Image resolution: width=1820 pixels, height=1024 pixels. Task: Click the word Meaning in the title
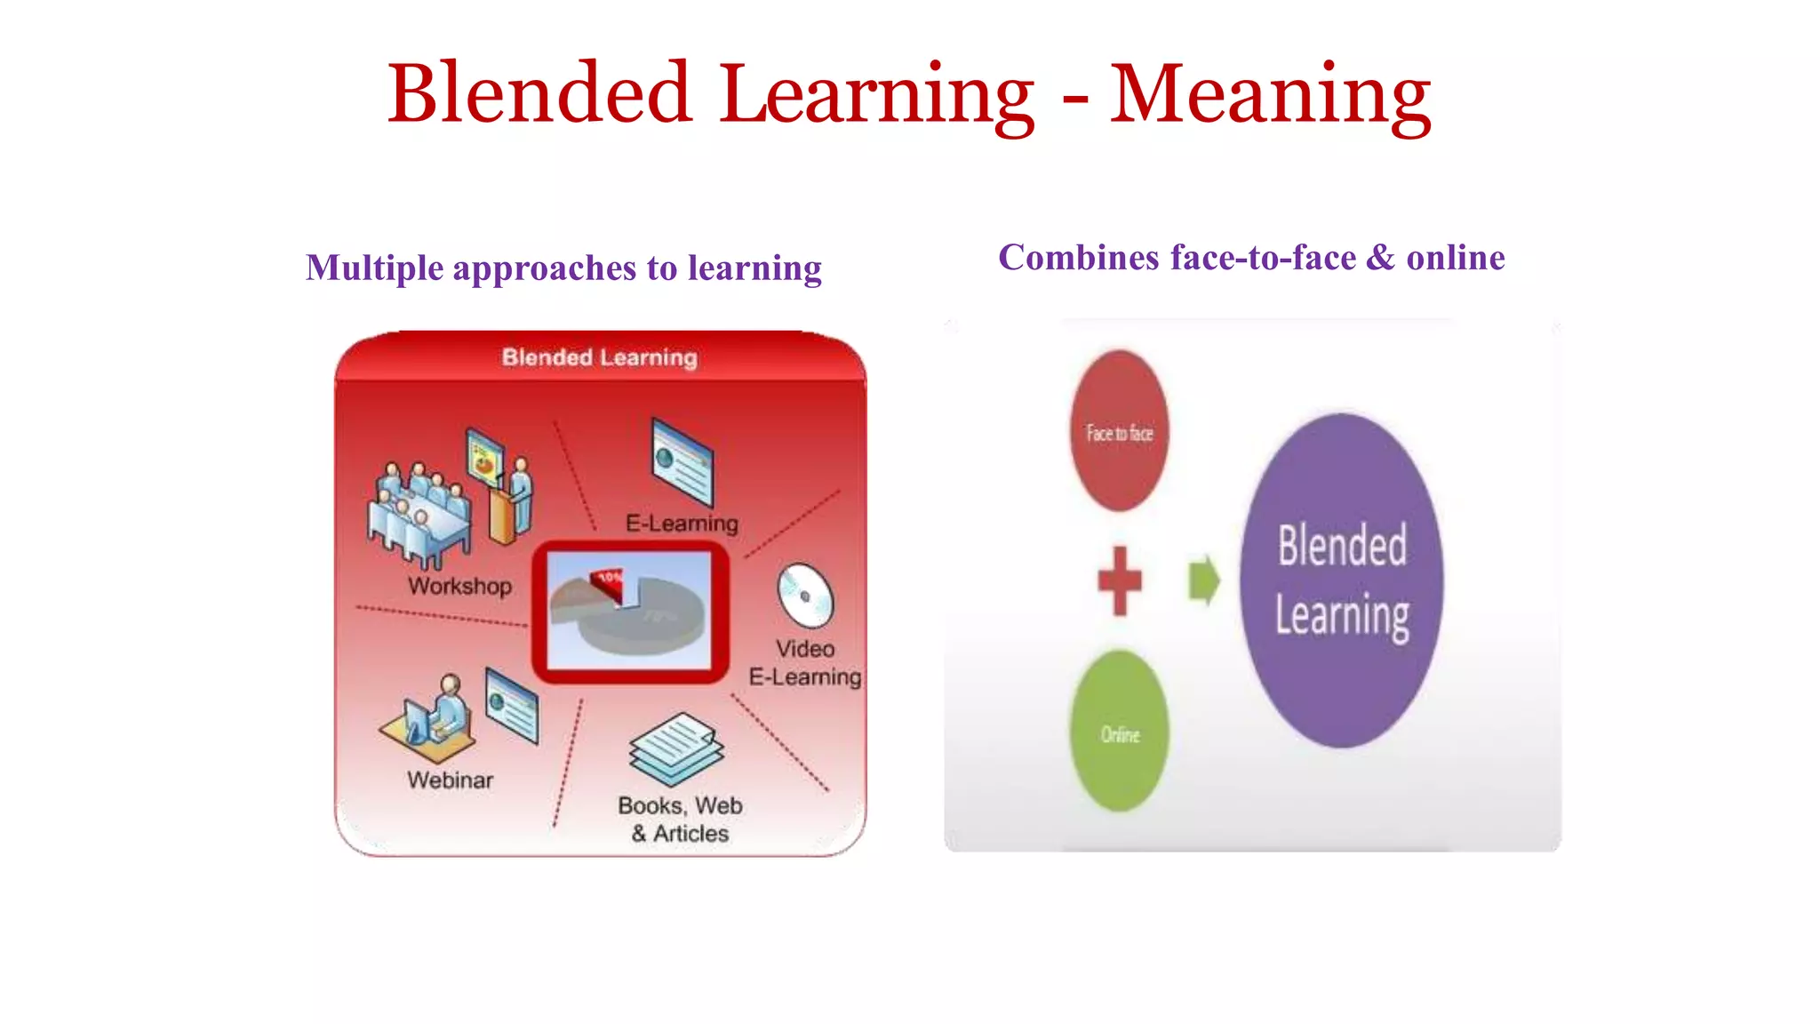pos(1270,96)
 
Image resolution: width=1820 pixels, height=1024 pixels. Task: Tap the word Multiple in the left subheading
pos(374,268)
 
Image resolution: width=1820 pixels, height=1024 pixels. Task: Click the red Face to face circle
pos(1119,432)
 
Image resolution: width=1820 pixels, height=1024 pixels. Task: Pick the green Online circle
pos(1120,732)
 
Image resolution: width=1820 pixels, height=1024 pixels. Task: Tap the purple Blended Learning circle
pos(1341,580)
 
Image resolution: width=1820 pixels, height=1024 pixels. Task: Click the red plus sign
pos(1120,580)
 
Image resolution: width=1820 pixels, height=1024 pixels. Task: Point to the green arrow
pos(1204,580)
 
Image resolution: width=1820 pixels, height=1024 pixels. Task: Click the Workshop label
pos(459,587)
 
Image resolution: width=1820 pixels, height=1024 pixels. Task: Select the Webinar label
pos(450,780)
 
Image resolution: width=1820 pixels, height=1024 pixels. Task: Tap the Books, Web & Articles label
pos(681,820)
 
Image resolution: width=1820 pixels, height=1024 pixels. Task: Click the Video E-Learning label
pos(805,663)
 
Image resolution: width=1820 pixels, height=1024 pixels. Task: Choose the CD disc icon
pos(805,595)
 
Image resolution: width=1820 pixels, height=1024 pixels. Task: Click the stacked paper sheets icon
pos(677,748)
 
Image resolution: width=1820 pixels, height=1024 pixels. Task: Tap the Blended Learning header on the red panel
pos(600,357)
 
